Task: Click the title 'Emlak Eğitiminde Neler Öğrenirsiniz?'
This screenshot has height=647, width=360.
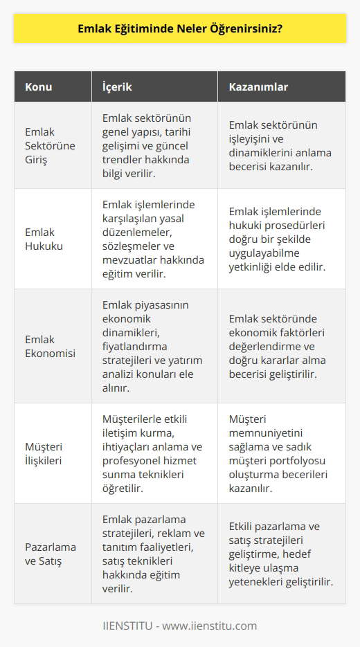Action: coord(180,32)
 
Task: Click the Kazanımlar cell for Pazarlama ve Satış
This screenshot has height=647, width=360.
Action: coord(281,554)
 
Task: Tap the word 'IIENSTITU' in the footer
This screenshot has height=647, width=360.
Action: coord(129,626)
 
